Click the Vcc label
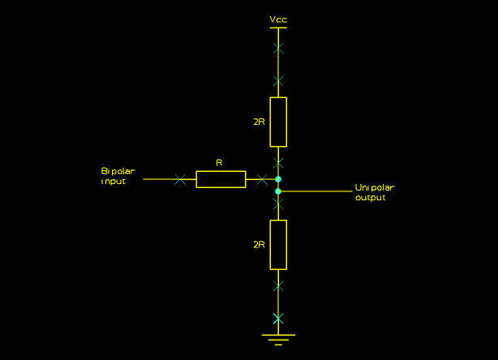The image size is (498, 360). tap(278, 19)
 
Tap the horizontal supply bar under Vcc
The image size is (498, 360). tap(278, 28)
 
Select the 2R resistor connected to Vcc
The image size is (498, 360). tap(278, 122)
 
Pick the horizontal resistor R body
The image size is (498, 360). tap(221, 179)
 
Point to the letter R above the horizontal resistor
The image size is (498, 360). tap(219, 163)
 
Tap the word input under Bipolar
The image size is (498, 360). tap(114, 182)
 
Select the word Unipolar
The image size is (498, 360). tap(375, 188)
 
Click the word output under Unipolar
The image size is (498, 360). tap(371, 198)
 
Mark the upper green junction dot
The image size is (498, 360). tap(278, 179)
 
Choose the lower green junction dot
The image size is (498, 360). tap(278, 191)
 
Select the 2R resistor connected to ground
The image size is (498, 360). tap(278, 244)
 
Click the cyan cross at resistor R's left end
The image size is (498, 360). tap(179, 179)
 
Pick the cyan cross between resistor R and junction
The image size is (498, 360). tap(261, 179)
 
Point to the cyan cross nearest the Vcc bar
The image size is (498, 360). tap(278, 49)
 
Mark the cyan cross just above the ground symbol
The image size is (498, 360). tap(278, 317)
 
